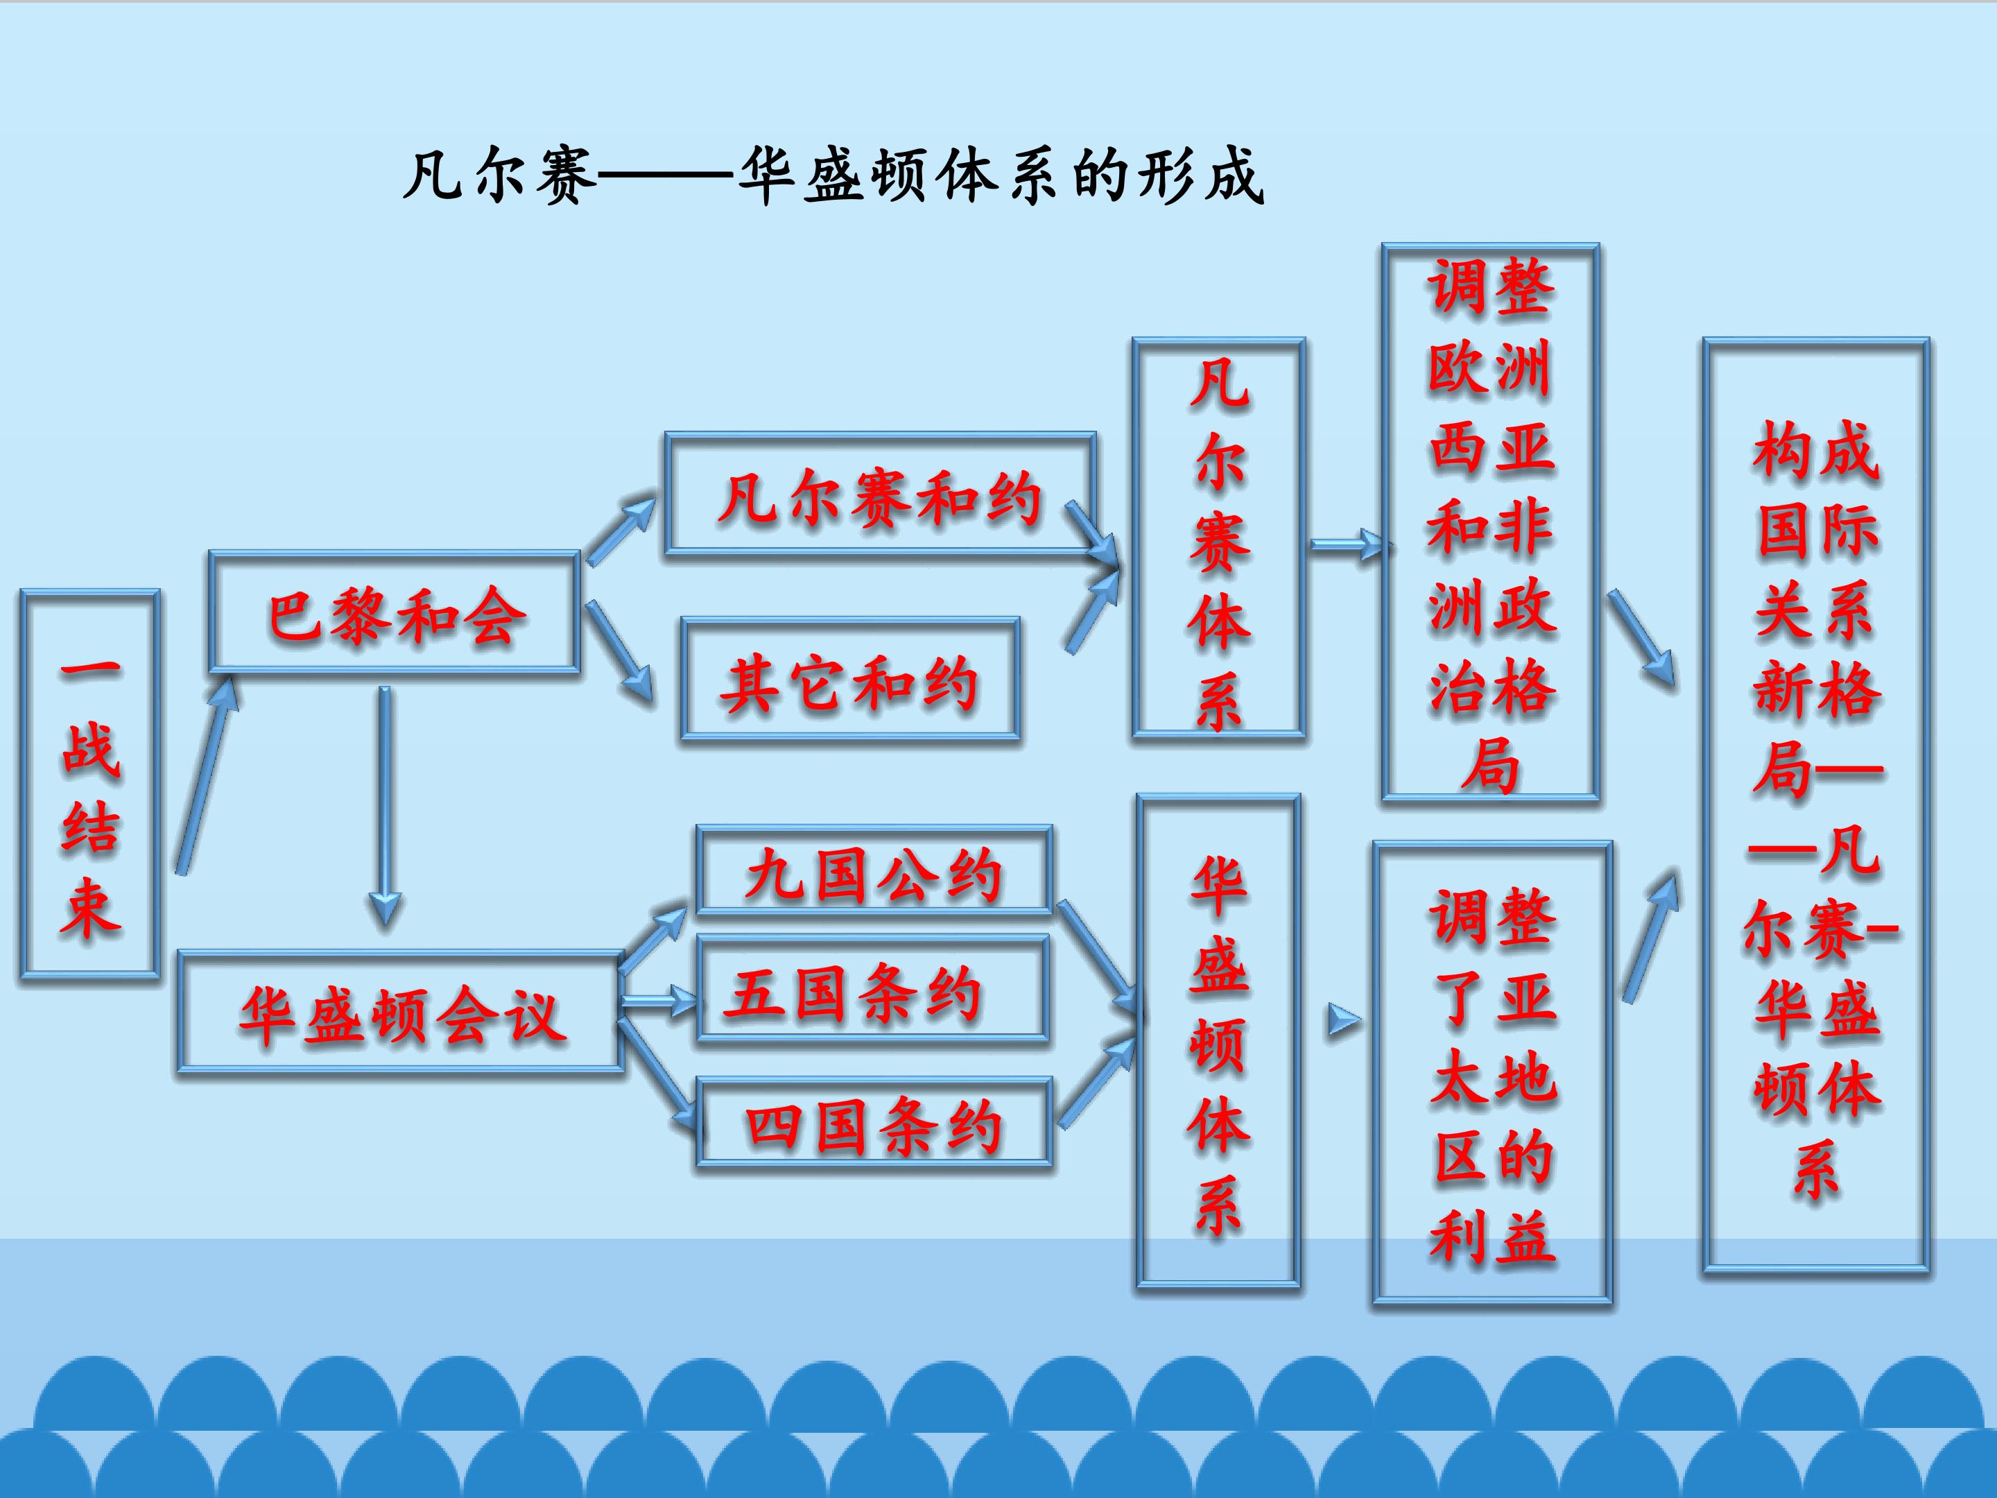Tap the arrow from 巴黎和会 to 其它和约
619,650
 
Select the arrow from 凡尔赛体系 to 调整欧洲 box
1347,544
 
